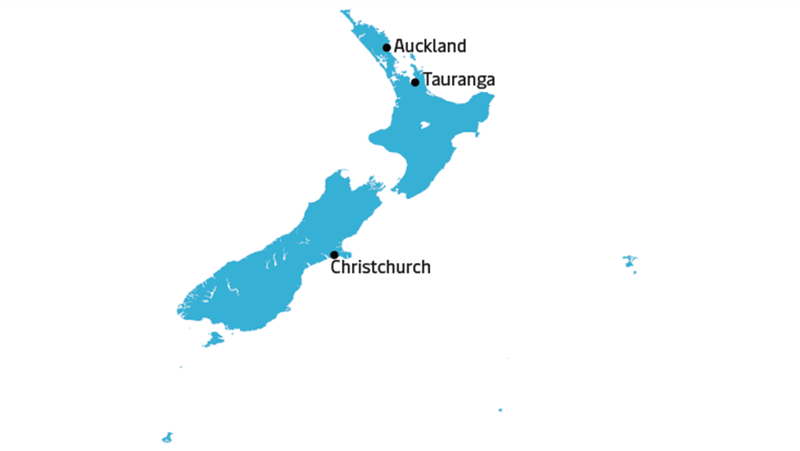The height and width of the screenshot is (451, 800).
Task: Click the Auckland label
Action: pyautogui.click(x=430, y=46)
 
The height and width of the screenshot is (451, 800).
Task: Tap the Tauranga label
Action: pyautogui.click(x=459, y=80)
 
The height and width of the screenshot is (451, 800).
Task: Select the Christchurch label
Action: pyautogui.click(x=381, y=267)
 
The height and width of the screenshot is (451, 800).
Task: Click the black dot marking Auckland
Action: pyautogui.click(x=387, y=47)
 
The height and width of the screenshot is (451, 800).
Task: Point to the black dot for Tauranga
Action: pyautogui.click(x=415, y=82)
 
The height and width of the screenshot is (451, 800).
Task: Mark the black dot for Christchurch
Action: pyautogui.click(x=334, y=255)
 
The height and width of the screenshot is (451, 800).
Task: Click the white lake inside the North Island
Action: pyautogui.click(x=425, y=124)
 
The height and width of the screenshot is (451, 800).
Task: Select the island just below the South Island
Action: pyautogui.click(x=214, y=339)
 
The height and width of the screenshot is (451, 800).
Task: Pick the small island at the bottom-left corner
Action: pyautogui.click(x=167, y=438)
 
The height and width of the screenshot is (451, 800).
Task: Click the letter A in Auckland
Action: pyautogui.click(x=399, y=46)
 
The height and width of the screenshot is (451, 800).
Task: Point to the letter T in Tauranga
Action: pyautogui.click(x=428, y=79)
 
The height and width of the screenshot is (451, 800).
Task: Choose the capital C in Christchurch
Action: pyautogui.click(x=336, y=267)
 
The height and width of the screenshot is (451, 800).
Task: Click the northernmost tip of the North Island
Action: pyautogui.click(x=342, y=11)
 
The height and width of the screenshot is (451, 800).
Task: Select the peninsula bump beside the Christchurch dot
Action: pyautogui.click(x=346, y=254)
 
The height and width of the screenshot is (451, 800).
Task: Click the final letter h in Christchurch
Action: pyautogui.click(x=426, y=267)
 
